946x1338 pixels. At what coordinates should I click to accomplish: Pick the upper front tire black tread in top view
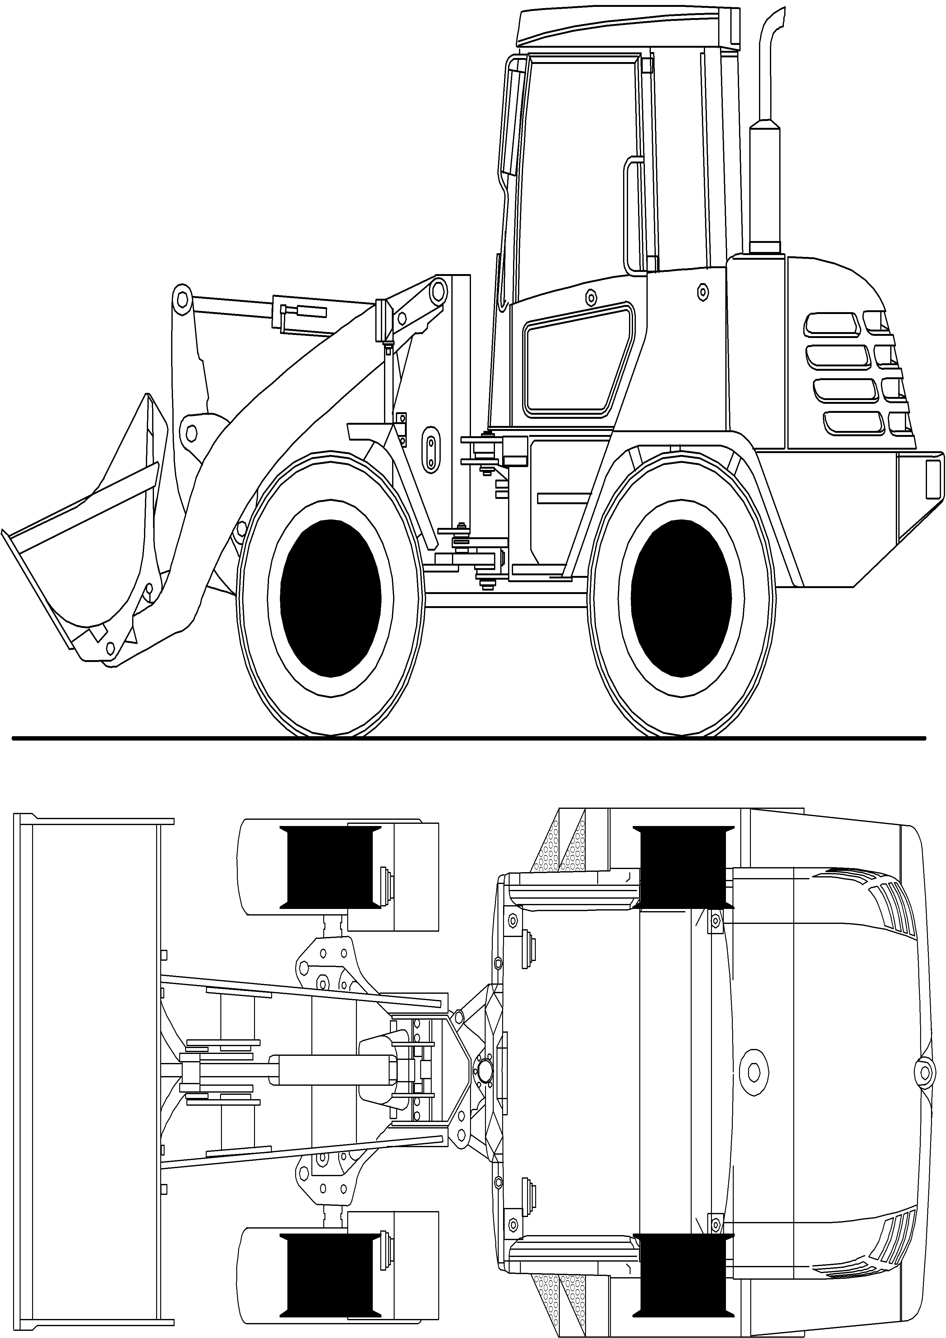click(330, 867)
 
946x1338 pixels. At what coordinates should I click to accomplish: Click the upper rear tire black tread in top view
click(683, 867)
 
